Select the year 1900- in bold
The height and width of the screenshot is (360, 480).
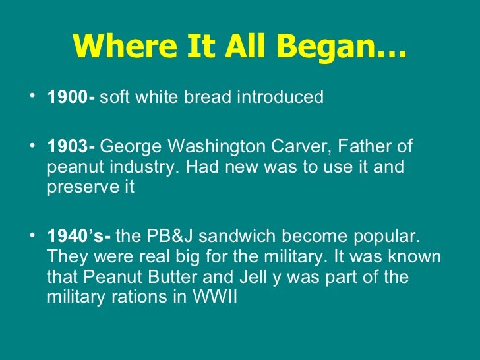coord(71,98)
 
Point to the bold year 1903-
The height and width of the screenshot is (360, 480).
coord(71,146)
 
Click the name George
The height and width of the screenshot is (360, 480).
coord(131,146)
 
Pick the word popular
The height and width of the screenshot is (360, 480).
coord(393,235)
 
